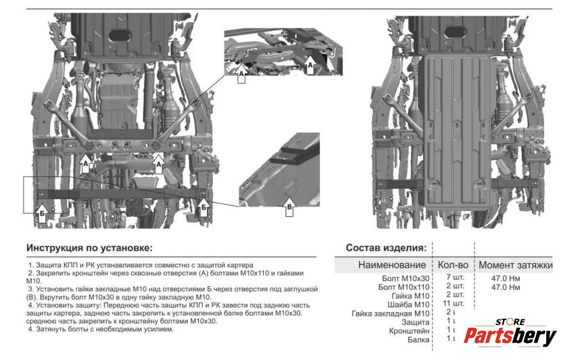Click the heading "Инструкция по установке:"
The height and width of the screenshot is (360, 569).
tap(89, 248)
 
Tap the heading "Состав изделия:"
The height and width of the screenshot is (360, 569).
tap(386, 248)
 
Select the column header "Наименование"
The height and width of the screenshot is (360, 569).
tap(392, 266)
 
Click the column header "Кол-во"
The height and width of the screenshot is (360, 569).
tap(453, 266)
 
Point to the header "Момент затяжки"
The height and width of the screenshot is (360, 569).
tap(516, 266)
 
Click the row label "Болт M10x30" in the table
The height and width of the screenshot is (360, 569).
tap(406, 278)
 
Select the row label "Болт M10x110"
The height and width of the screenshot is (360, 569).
tap(403, 287)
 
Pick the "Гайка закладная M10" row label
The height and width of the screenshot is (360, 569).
tap(391, 313)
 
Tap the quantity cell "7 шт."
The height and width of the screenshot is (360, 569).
tap(455, 277)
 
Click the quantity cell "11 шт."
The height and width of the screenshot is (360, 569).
tap(454, 303)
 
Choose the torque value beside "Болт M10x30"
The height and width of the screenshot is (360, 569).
tap(506, 278)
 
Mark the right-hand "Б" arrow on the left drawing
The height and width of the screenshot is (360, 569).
tap(204, 206)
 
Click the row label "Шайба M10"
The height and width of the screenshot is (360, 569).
tap(408, 304)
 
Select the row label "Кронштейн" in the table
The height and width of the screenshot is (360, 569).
tap(410, 331)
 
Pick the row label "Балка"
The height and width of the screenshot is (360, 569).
tap(418, 339)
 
